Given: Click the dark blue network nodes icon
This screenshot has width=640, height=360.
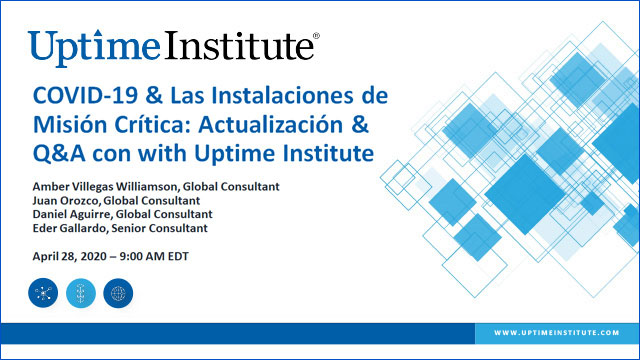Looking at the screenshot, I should click(x=44, y=292).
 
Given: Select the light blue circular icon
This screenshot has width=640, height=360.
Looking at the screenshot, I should click(x=81, y=292).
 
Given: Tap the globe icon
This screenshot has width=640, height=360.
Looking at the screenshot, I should click(x=118, y=292).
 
